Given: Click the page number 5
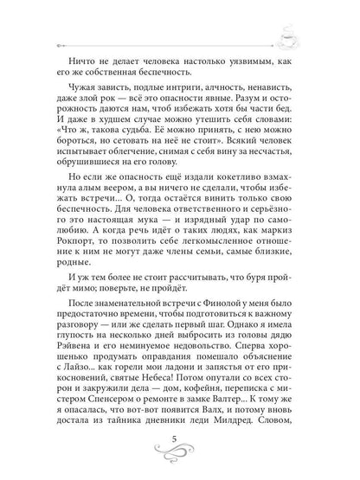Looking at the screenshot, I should (179, 443).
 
